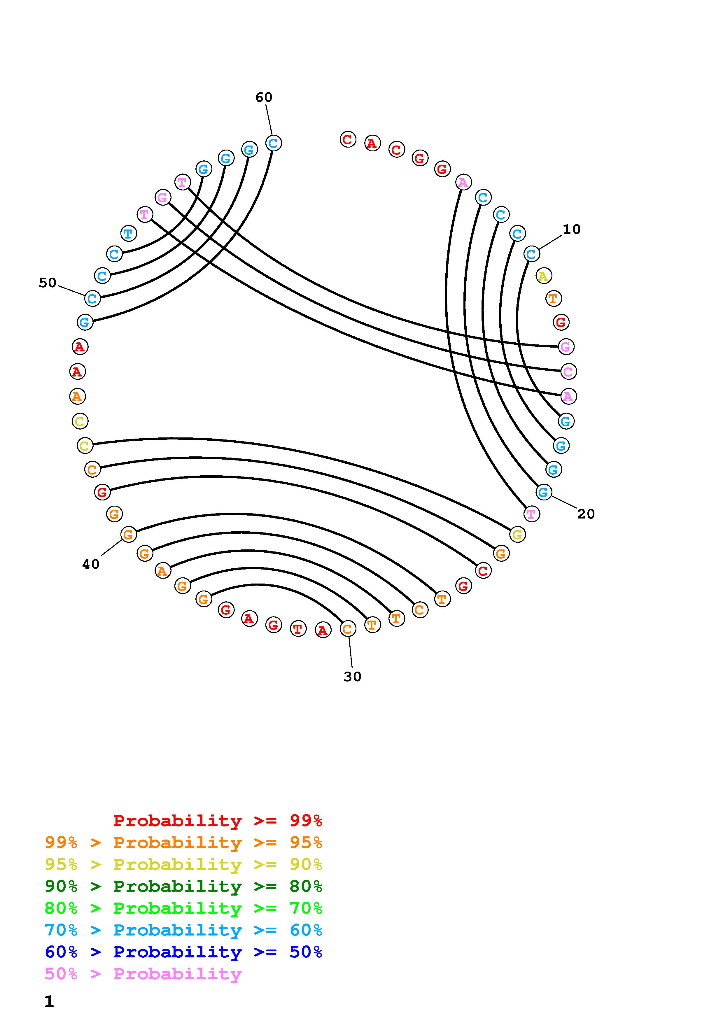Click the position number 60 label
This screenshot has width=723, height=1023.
264,97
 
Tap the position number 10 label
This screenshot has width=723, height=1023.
572,230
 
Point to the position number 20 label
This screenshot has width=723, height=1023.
586,514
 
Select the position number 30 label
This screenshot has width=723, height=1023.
352,677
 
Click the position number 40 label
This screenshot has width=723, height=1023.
91,565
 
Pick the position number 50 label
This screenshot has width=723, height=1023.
48,283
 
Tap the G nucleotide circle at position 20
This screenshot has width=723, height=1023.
543,492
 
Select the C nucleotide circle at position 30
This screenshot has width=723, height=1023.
347,629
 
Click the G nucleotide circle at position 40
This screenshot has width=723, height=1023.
128,534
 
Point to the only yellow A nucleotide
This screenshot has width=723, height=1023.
543,276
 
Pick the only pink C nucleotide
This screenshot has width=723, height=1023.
568,371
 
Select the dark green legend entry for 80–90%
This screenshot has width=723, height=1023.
183,887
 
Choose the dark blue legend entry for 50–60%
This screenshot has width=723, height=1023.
183,952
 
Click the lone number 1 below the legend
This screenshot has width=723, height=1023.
49,1002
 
